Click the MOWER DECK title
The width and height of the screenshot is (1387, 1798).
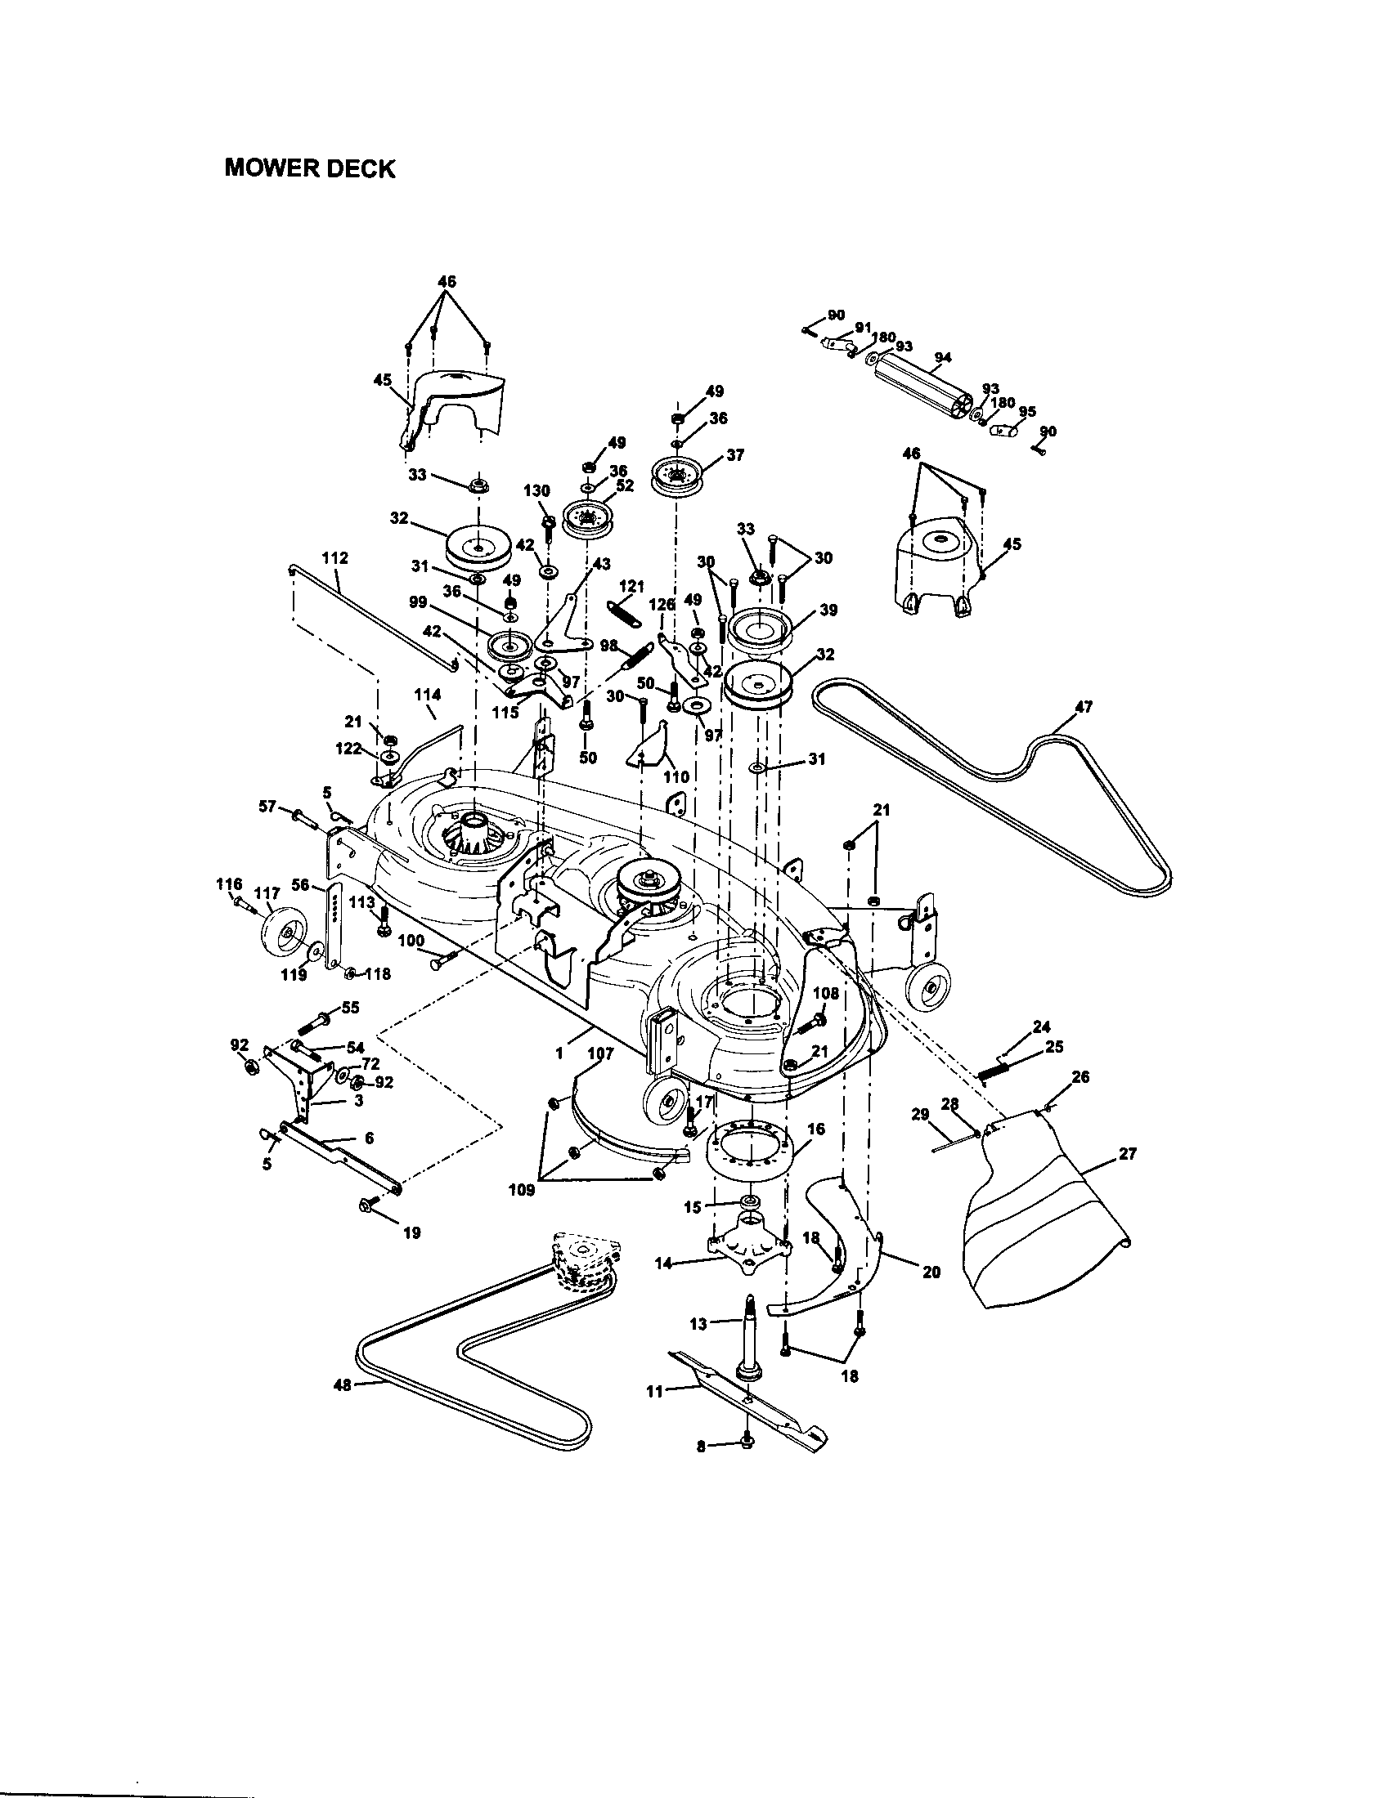(310, 169)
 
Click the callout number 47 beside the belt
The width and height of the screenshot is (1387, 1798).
(1084, 705)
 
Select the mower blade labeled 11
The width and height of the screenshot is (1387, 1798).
(749, 1396)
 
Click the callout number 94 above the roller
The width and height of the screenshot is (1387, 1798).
(943, 356)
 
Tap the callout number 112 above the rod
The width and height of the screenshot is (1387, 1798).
(335, 558)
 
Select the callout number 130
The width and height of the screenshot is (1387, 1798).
(536, 490)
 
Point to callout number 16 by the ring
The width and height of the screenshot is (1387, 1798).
(815, 1129)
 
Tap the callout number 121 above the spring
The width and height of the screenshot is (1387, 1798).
(631, 585)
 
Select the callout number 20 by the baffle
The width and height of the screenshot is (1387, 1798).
(931, 1271)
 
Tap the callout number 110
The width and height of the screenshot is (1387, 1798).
(676, 776)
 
